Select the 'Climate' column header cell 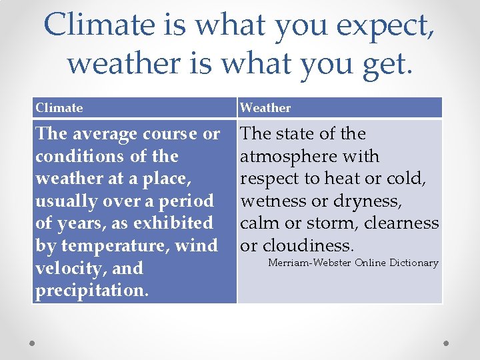coord(134,107)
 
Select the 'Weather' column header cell coord(340,107)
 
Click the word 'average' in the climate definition coord(103,134)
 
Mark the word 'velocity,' coord(71,268)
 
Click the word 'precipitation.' coord(92,291)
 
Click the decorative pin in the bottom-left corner coord(32,343)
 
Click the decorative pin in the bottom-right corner coord(447,343)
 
